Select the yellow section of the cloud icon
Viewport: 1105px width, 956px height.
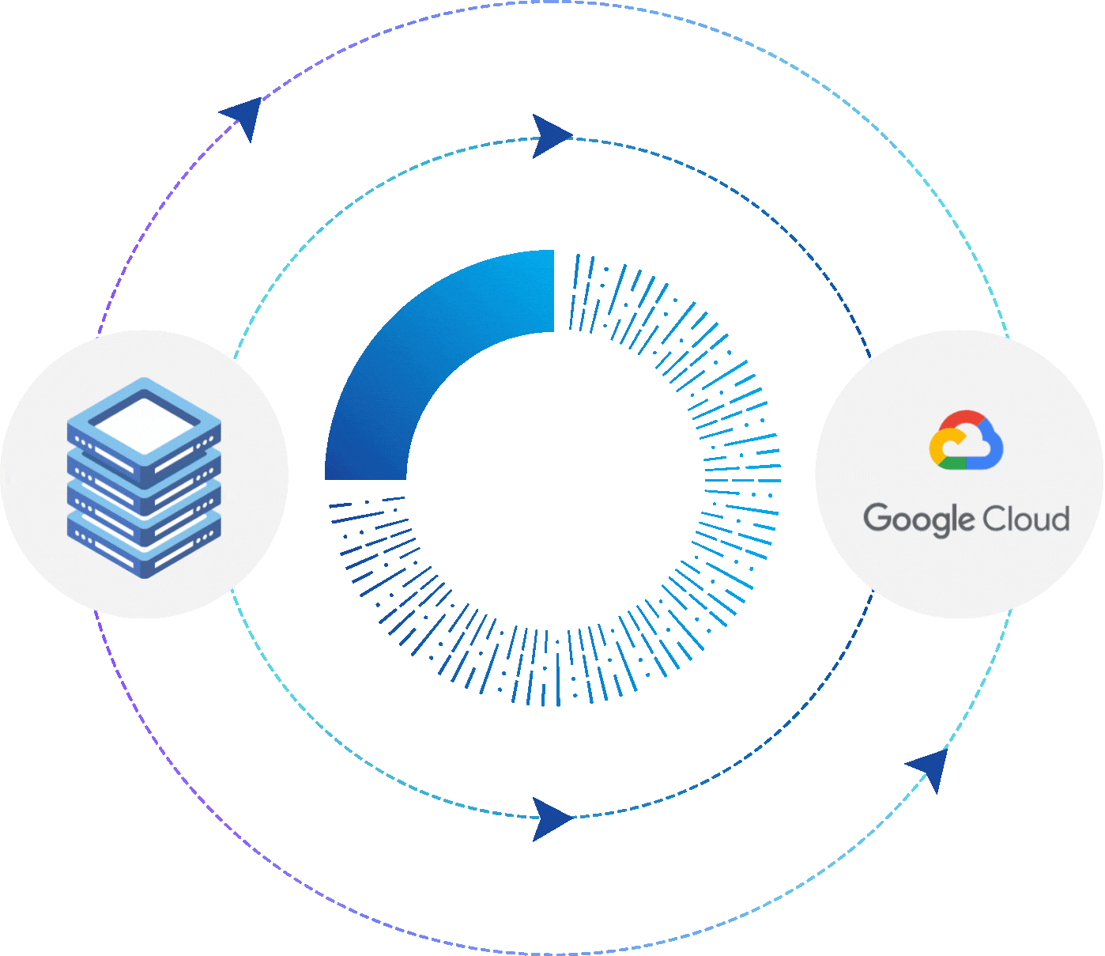point(937,448)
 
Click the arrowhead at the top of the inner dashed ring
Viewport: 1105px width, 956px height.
point(551,136)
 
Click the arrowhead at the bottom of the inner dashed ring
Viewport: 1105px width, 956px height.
point(551,818)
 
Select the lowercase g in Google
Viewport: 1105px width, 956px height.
point(941,523)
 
